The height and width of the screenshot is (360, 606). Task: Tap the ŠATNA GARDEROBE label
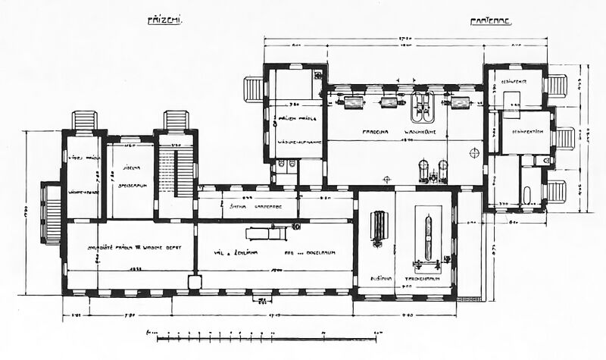(250, 205)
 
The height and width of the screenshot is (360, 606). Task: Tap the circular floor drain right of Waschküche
(476, 152)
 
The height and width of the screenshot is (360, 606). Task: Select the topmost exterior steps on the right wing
(558, 84)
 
